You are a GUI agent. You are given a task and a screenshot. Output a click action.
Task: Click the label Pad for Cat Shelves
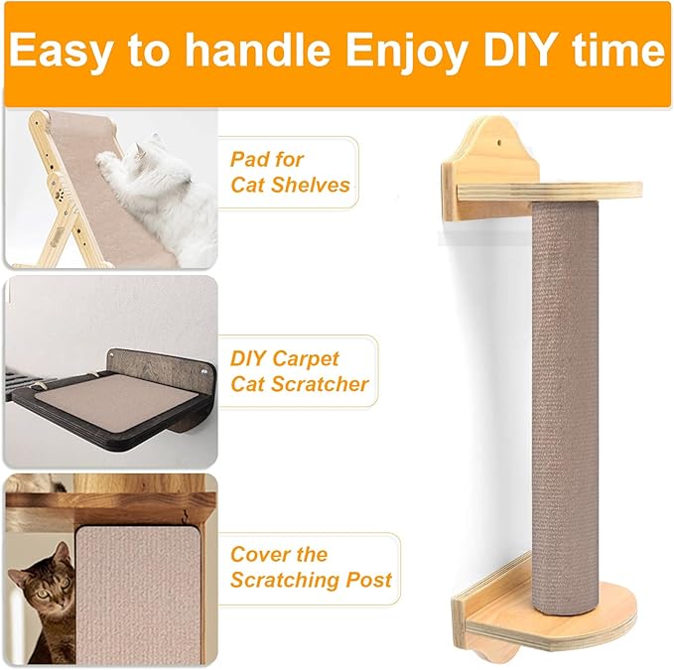point(289,172)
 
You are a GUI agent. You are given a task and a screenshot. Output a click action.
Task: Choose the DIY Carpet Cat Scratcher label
point(299,371)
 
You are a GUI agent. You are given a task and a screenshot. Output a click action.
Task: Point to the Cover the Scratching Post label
point(311,567)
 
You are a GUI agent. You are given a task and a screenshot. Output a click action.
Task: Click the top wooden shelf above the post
point(556,190)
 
